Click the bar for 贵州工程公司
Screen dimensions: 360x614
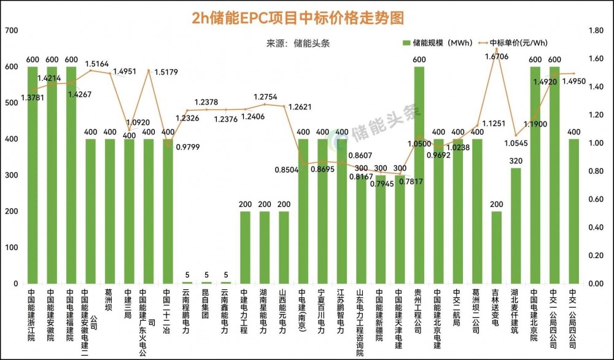(419, 175)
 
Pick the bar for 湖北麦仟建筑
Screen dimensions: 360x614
(516, 225)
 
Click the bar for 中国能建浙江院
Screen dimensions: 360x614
(33, 175)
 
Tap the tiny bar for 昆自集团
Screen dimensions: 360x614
(206, 283)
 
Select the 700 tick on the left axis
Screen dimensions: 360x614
(11, 30)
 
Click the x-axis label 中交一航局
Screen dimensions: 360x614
(457, 306)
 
